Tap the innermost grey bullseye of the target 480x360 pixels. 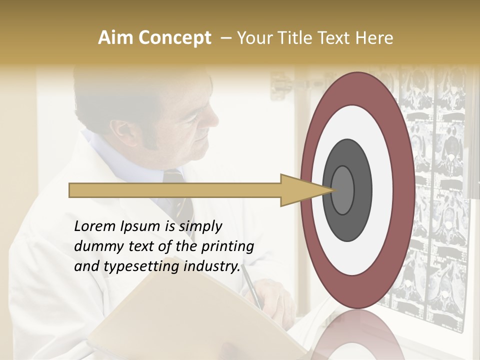(x=342, y=190)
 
